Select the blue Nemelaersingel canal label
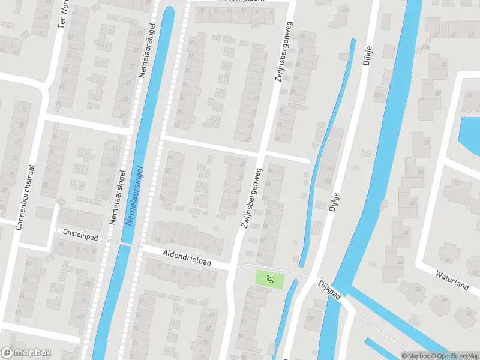pyautogui.click(x=136, y=196)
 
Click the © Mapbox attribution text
pyautogui.click(x=416, y=356)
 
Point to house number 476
pyautogui.click(x=344, y=11)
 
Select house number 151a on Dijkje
pyautogui.click(x=378, y=95)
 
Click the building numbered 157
pyautogui.click(x=328, y=182)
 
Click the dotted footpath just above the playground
pyautogui.click(x=270, y=266)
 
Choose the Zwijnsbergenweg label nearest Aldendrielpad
pyautogui.click(x=251, y=198)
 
